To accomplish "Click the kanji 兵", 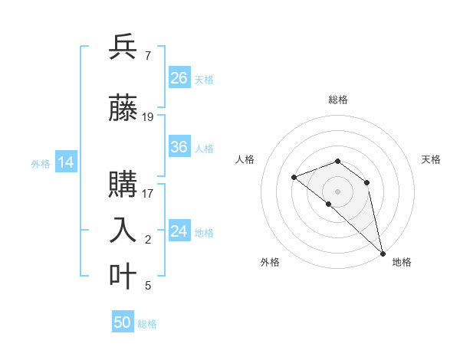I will point(123,47).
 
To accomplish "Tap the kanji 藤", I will point(123,110).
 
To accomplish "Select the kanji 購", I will point(123,185).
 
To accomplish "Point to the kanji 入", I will point(123,231).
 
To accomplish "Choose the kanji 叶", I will point(123,277).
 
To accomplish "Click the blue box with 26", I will point(179,78).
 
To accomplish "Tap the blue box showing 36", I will point(179,148).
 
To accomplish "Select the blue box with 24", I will point(179,231).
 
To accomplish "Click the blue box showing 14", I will point(66,162).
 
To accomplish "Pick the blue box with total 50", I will point(123,322).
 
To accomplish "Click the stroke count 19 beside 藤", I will point(148,117).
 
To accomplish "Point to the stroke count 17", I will point(148,193).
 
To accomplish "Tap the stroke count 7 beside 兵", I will point(147,55).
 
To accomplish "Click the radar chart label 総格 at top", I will point(337,100).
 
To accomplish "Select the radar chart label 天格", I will point(431,159).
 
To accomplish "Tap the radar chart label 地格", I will point(402,262).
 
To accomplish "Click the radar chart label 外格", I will point(270,262).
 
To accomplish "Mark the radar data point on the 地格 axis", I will point(382,253).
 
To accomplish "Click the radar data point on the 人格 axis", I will point(294,178).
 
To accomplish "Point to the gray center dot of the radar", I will point(337,191).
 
